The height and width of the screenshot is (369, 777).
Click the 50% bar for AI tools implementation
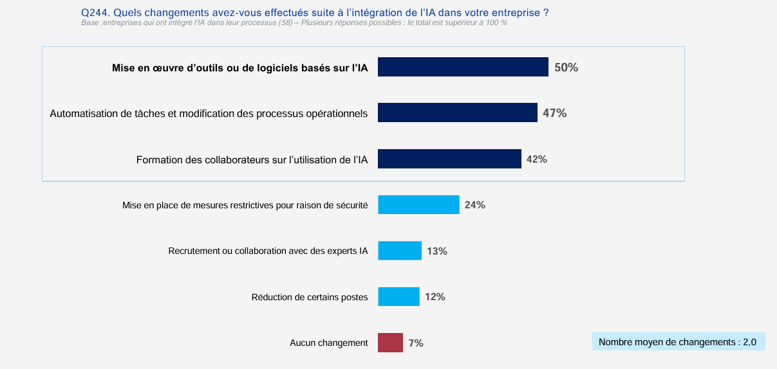(x=463, y=67)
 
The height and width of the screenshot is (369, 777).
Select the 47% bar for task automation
(x=457, y=113)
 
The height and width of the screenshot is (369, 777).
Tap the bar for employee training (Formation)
(x=449, y=159)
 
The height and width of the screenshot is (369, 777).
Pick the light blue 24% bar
(x=418, y=205)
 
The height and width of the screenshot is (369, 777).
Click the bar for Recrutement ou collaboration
(x=400, y=251)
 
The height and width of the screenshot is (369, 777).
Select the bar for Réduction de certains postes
(x=398, y=297)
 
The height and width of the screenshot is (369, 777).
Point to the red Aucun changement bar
(x=390, y=343)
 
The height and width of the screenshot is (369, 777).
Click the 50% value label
(x=566, y=67)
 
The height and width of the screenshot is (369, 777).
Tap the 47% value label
(x=555, y=113)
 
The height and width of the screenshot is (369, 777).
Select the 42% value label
(x=537, y=159)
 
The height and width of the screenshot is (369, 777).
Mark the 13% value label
(x=437, y=251)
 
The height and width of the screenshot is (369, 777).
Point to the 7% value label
(x=416, y=343)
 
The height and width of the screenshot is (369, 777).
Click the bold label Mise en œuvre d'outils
(x=240, y=67)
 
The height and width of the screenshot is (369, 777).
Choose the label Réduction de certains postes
(x=310, y=297)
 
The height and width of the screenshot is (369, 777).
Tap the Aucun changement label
(x=329, y=343)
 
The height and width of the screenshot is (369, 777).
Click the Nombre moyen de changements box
(x=678, y=342)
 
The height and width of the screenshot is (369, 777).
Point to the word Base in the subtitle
(x=90, y=22)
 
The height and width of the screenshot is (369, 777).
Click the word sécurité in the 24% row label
(x=351, y=206)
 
